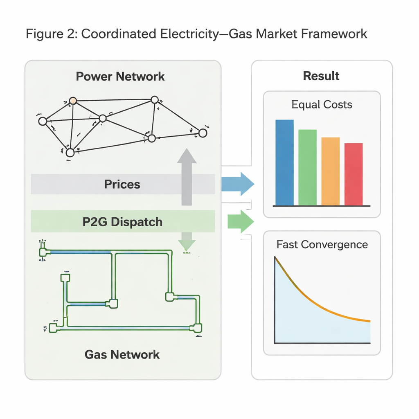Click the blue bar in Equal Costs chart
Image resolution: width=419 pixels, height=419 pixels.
[x=284, y=162]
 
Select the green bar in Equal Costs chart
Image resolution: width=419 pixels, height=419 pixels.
[x=307, y=167]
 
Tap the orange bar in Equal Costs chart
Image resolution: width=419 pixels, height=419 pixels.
[x=330, y=171]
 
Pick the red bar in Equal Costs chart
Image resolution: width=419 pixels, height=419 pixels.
[x=354, y=174]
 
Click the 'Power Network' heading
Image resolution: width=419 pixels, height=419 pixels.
[x=120, y=76]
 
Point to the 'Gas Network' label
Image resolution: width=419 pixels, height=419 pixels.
[x=122, y=354]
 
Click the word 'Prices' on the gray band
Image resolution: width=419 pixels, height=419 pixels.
[x=122, y=184]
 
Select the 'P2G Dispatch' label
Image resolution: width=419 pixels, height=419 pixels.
[x=122, y=222]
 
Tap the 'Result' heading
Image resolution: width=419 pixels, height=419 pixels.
[x=321, y=76]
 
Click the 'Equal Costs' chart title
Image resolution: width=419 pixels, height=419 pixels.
[x=322, y=104]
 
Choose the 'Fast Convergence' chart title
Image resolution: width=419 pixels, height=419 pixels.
[x=322, y=244]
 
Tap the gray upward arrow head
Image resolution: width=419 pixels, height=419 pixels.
[x=187, y=157]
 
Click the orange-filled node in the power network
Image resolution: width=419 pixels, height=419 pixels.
[x=73, y=100]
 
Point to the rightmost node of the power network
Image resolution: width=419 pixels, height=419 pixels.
[x=203, y=133]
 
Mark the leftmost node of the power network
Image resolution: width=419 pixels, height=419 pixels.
[x=42, y=121]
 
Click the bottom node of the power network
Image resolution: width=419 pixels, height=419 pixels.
[x=70, y=153]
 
